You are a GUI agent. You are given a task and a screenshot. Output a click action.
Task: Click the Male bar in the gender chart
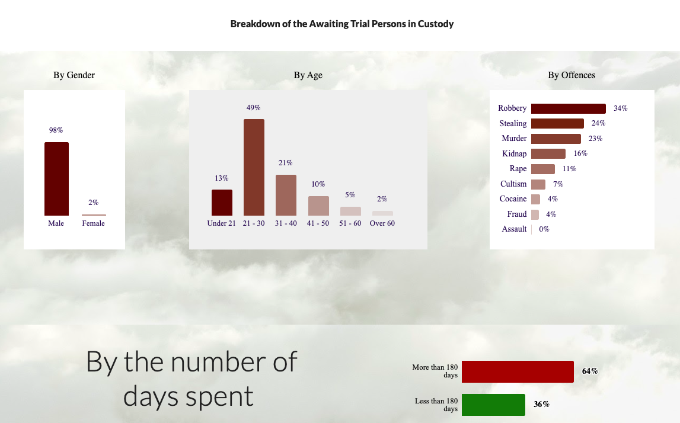coord(56,178)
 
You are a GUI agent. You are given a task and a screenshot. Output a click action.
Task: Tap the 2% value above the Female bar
coord(93,203)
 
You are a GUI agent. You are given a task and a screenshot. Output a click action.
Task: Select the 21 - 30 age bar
coord(254,167)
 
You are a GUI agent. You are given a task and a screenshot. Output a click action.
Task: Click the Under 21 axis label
coord(221,223)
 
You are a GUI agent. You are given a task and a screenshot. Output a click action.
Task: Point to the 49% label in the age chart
coord(253,107)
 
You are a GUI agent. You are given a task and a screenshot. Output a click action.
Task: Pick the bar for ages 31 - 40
coord(286,195)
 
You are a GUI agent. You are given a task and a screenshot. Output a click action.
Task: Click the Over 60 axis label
coord(382,223)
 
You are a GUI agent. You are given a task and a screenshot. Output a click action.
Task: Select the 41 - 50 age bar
coord(318,206)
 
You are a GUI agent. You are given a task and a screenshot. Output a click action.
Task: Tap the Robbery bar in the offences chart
coord(568,108)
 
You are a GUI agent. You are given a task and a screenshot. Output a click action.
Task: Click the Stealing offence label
coord(513,123)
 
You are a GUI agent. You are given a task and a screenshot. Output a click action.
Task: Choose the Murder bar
coord(556,139)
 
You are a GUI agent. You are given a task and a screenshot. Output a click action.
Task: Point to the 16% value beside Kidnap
coord(580,153)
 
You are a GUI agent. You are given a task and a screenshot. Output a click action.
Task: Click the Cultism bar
coord(538,184)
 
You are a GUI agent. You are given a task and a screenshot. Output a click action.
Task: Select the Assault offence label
coord(514,229)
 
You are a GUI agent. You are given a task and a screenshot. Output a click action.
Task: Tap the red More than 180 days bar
coord(518,371)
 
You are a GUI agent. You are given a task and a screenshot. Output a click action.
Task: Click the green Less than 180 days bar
coord(493,405)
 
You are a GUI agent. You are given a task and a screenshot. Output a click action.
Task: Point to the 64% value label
coord(590,371)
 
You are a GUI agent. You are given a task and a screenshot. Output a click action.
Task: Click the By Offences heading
coord(572,75)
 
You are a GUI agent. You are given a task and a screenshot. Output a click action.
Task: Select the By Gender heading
coord(74,75)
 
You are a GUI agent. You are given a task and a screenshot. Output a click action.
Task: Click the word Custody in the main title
coord(435,24)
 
